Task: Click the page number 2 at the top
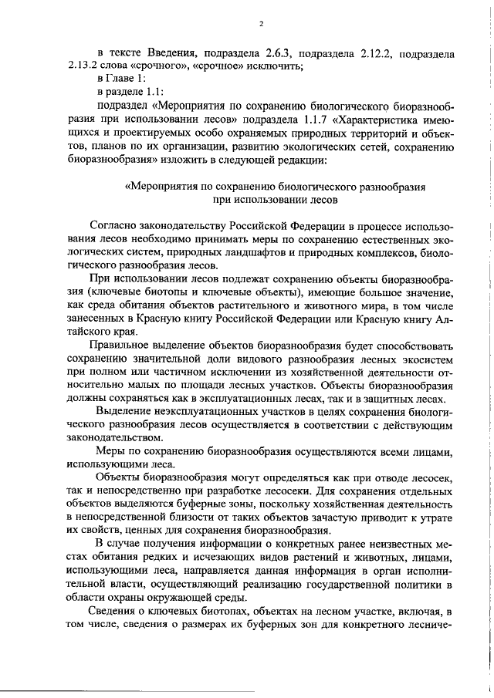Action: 262,23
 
